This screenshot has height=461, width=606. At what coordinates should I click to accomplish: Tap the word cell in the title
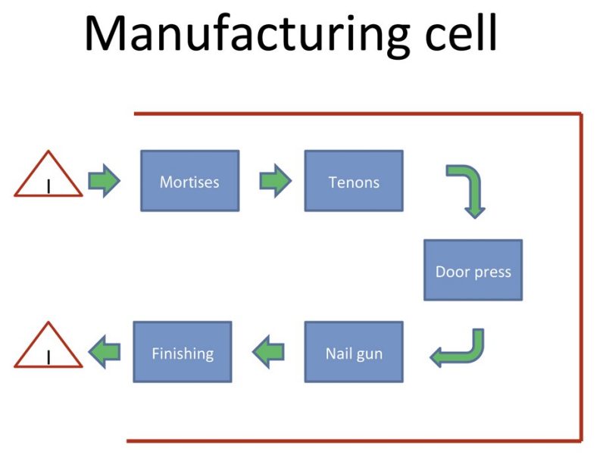(x=461, y=33)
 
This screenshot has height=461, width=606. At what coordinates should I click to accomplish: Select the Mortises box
(x=190, y=181)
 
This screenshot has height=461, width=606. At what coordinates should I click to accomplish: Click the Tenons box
(x=354, y=181)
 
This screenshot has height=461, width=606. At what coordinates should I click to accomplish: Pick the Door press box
(x=473, y=270)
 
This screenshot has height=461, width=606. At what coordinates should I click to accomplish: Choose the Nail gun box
(x=354, y=352)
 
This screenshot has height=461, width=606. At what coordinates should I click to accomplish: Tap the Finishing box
(x=183, y=352)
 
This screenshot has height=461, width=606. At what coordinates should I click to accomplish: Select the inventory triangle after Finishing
(x=48, y=344)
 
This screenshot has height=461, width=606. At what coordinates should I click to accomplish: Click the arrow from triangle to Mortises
(x=104, y=181)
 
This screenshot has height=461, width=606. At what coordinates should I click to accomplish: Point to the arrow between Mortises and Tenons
(x=275, y=181)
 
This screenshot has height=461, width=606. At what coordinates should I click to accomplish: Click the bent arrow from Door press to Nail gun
(x=477, y=354)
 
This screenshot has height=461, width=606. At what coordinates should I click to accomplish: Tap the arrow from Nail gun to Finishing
(x=268, y=352)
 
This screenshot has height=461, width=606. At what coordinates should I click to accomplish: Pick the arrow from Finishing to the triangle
(x=105, y=352)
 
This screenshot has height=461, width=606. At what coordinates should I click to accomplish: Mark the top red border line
(x=358, y=114)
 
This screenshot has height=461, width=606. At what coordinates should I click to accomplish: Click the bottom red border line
(x=354, y=441)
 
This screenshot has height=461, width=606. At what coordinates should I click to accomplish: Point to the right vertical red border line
(x=580, y=277)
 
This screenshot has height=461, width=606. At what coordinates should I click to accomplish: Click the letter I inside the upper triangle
(x=48, y=186)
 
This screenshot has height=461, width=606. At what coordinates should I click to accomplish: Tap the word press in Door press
(x=492, y=273)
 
